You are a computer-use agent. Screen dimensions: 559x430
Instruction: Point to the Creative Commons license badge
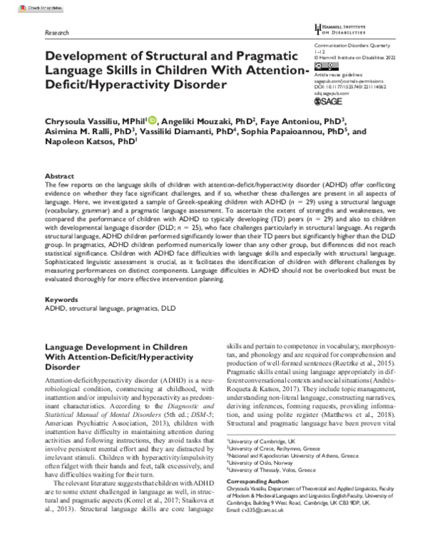click(x=324, y=65)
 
